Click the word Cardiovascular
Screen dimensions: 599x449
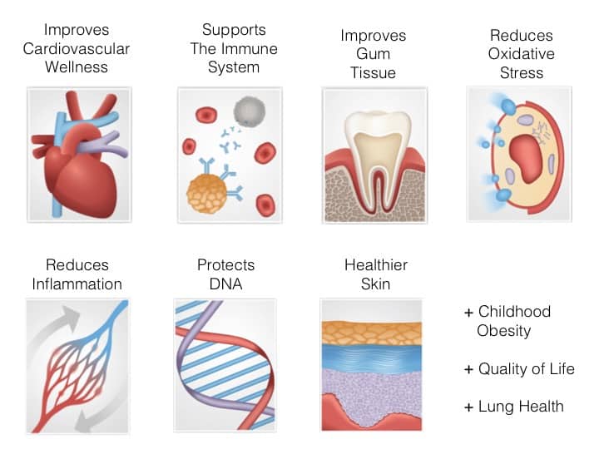point(77,49)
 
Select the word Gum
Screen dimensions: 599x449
point(374,54)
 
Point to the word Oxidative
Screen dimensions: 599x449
point(521,54)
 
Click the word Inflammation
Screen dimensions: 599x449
point(77,284)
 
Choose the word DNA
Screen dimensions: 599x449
point(225,284)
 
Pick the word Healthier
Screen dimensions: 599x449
point(376,265)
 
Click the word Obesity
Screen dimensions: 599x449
point(504,331)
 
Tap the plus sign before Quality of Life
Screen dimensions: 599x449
point(468,369)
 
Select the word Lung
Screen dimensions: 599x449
point(494,407)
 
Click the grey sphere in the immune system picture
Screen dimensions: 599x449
point(250,111)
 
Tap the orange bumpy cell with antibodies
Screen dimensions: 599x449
point(206,194)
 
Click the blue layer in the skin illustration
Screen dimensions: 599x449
point(372,356)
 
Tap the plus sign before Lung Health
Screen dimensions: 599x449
point(468,407)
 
